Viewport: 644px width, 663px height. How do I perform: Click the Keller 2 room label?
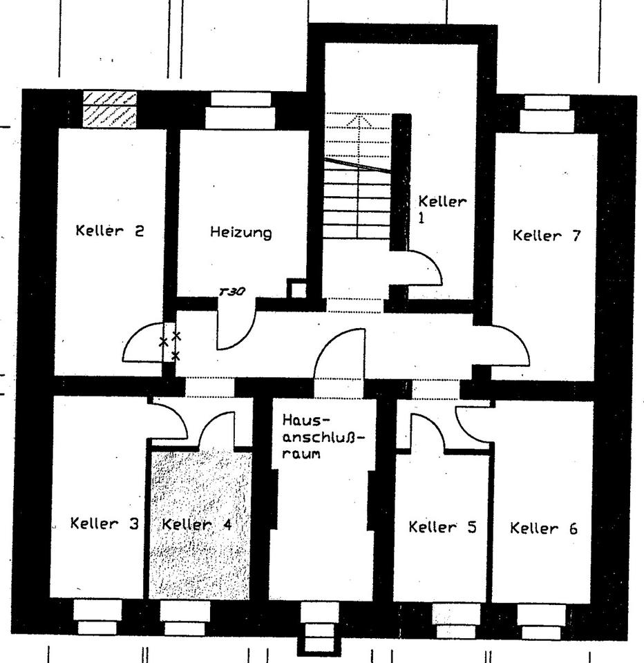pos(110,231)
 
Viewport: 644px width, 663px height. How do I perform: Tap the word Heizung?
pos(240,233)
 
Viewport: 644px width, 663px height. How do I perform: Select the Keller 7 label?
pos(547,236)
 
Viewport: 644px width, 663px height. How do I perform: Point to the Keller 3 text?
pos(104,523)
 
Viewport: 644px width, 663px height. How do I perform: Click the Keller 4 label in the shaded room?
pos(196,524)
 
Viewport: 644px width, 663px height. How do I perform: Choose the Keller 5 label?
pos(442,528)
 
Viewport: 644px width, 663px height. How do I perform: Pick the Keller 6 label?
pos(544,529)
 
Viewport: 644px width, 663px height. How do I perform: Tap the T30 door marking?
pos(231,292)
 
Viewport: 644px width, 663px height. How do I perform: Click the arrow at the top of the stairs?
pos(363,122)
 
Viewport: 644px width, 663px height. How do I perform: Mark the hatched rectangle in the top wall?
pos(109,108)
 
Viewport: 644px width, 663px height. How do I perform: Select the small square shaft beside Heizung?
pos(297,288)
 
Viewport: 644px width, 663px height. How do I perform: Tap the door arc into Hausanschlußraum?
pos(339,352)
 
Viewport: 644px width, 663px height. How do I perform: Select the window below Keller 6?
pos(540,622)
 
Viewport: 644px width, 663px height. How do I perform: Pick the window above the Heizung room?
pos(240,110)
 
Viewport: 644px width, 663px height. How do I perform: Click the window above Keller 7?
pos(547,113)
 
